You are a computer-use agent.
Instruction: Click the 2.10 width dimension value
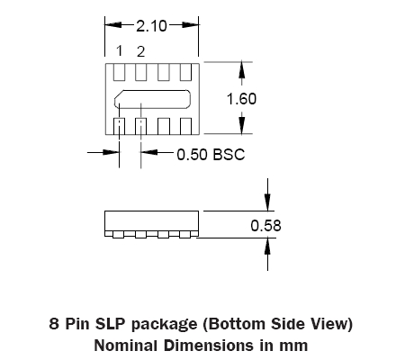pos(151,26)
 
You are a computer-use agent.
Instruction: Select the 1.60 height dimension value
pos(241,99)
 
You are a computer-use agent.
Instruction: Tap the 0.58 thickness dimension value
pos(265,226)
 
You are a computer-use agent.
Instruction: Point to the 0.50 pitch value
pos(192,155)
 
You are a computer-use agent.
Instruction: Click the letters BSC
pos(229,155)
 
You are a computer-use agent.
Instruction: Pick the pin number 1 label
pos(120,50)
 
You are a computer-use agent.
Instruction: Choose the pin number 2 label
pos(140,51)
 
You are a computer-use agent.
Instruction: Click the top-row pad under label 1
pos(119,72)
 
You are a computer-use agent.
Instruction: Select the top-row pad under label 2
pos(141,72)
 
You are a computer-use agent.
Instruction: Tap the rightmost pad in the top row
pos(185,72)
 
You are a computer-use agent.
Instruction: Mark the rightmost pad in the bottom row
pos(185,126)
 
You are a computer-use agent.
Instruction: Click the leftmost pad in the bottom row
pos(119,126)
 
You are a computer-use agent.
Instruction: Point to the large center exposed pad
pos(152,99)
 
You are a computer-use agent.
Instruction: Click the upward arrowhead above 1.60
pos(242,69)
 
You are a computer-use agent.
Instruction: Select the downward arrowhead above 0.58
pos(267,202)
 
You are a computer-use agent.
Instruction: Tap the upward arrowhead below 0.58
pos(267,247)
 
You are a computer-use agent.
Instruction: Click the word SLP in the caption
pos(111,324)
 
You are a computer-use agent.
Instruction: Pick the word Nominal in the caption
pos(126,346)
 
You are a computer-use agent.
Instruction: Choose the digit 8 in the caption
pos(54,324)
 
